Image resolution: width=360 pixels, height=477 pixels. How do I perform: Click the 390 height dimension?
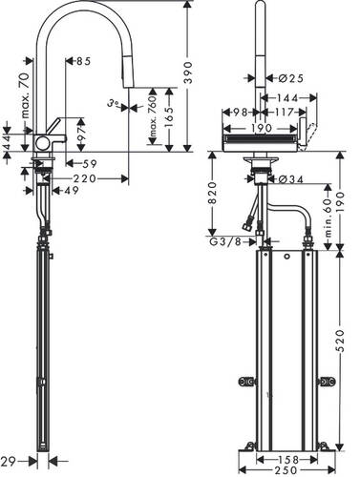point(188,73)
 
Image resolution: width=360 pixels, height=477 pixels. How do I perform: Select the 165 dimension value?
point(169,117)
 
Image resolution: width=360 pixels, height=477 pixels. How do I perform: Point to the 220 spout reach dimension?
point(84,178)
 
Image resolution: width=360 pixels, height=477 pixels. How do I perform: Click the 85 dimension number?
point(83,61)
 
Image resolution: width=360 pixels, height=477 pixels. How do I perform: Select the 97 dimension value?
point(81,135)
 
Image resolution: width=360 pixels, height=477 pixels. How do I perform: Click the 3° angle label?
point(113,103)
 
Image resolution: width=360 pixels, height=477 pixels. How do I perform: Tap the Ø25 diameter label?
point(290,78)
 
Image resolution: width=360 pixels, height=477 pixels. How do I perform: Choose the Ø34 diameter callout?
point(290,179)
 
